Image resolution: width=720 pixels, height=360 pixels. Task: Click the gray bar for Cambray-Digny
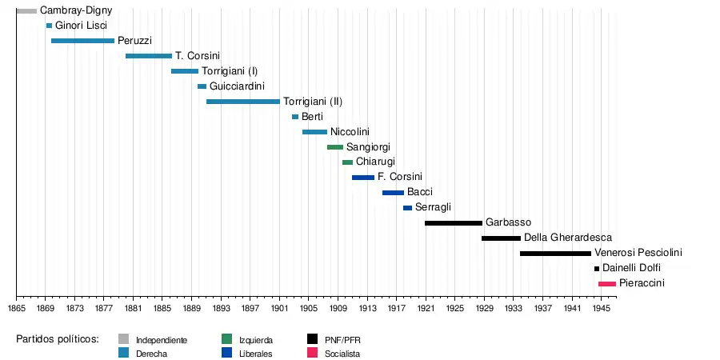pos(26,11)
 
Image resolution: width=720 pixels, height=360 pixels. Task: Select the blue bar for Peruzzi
pos(82,41)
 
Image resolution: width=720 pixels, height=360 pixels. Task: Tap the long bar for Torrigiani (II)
pos(243,102)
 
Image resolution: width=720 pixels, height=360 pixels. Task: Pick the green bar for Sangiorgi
pos(335,147)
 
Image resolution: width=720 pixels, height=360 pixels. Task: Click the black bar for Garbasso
pos(454,223)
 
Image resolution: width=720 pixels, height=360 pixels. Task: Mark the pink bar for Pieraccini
pos(607,284)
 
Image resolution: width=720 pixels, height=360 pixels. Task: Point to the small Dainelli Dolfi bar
pos(597,269)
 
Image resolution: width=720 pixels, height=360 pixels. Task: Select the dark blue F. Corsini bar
pos(363,178)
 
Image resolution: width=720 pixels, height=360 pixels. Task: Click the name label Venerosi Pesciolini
pos(638,254)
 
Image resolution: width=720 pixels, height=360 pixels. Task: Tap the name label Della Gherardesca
pos(568,238)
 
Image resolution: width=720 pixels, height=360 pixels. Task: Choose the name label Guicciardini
pos(237,86)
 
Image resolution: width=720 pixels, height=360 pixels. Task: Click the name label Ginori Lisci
pos(81,26)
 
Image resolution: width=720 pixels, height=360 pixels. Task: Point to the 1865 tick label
pos(16,308)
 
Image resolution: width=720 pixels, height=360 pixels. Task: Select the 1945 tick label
pos(602,308)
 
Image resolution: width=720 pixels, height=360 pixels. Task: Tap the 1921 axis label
pos(426,308)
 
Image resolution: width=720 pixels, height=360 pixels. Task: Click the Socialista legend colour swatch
pos(313,354)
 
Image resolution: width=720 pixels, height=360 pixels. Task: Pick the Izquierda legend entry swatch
pos(227,340)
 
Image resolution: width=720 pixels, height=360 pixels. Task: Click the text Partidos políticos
pos(58,339)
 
